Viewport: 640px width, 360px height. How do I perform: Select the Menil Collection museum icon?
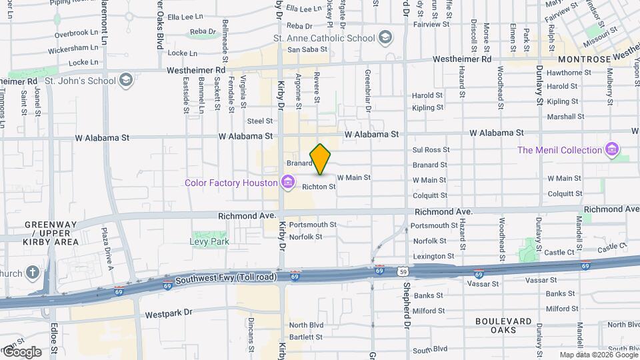[612, 150]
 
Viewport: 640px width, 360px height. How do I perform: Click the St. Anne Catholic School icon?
[385, 37]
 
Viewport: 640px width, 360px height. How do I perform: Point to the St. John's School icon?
[125, 81]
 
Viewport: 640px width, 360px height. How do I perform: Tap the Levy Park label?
[209, 241]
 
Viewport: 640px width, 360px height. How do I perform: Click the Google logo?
[21, 352]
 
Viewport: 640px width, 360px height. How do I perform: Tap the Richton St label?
[319, 187]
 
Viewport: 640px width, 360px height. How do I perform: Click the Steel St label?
[260, 121]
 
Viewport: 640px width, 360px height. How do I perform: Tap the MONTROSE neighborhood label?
[584, 59]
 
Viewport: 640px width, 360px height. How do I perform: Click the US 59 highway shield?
[402, 271]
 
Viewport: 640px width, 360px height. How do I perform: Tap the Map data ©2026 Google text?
[597, 355]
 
